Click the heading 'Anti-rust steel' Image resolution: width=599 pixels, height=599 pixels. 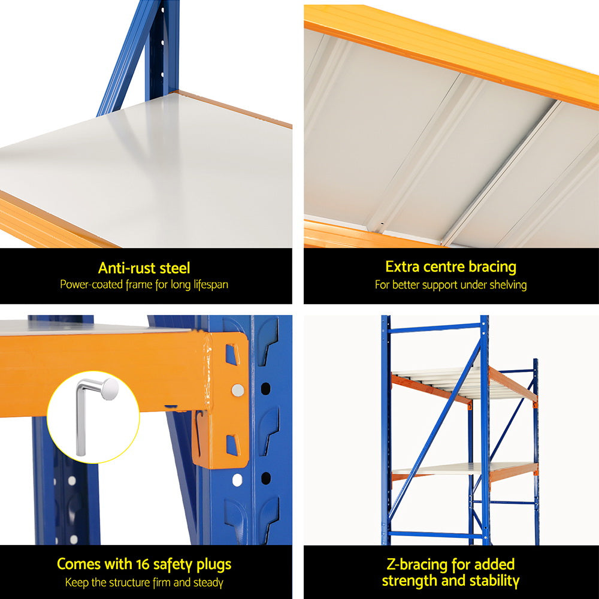click(144, 268)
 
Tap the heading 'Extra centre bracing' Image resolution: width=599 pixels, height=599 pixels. click(450, 267)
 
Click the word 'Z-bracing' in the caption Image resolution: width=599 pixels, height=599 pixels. click(413, 564)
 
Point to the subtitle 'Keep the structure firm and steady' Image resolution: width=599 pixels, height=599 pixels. click(144, 582)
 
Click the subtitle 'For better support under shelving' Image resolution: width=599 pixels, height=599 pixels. click(450, 285)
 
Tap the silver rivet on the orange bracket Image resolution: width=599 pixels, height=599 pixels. click(238, 391)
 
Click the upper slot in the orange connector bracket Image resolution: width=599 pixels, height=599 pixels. click(232, 354)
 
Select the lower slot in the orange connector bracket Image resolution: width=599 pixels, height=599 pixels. click(232, 444)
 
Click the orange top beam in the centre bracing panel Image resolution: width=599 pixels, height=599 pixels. click(449, 54)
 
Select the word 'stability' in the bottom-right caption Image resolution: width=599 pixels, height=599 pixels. click(491, 580)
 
